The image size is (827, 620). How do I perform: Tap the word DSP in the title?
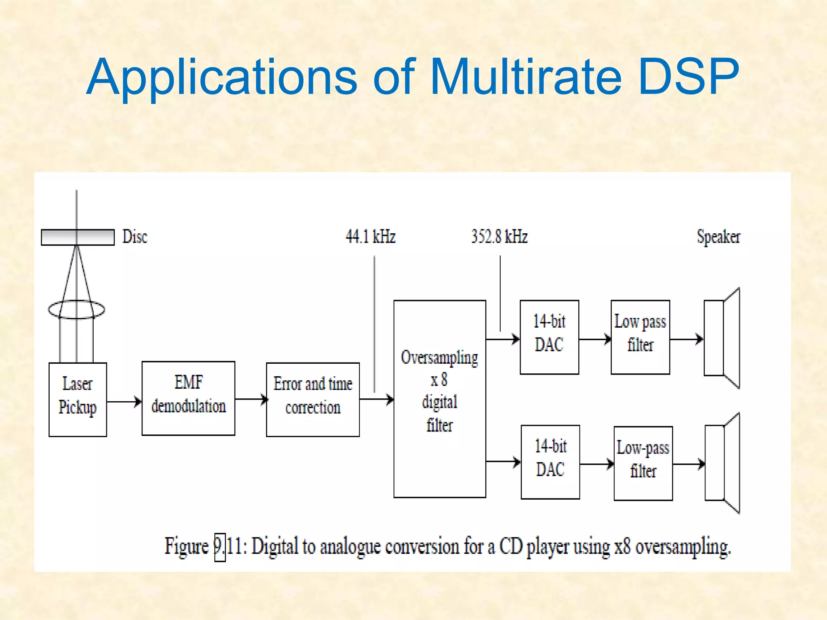click(688, 77)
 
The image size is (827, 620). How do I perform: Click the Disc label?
click(135, 237)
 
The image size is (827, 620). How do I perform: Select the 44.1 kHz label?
click(370, 237)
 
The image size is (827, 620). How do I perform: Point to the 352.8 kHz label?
click(499, 237)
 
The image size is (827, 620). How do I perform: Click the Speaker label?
click(718, 237)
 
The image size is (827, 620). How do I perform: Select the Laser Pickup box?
click(78, 399)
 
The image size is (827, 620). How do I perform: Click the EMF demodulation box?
click(188, 398)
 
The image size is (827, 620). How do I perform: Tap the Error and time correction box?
click(313, 399)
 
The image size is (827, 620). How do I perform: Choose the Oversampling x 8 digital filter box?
click(439, 398)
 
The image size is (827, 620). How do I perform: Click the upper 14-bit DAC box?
click(549, 337)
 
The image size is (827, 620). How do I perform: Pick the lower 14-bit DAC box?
click(550, 462)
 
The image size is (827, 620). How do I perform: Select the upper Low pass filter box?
click(640, 337)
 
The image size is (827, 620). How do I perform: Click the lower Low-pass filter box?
click(643, 463)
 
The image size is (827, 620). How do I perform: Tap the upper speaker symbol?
click(722, 338)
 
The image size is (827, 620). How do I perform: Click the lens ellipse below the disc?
click(76, 310)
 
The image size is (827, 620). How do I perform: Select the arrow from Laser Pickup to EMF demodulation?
click(124, 402)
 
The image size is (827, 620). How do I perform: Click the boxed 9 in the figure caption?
click(220, 547)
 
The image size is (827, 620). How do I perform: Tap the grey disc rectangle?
click(78, 237)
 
